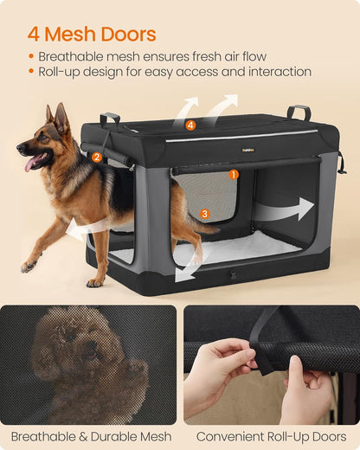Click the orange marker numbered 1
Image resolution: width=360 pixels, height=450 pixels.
point(234,174)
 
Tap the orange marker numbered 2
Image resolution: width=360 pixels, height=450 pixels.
point(97,157)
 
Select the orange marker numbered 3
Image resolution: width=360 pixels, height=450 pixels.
point(204,213)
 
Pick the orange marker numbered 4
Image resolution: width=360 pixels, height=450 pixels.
point(190,125)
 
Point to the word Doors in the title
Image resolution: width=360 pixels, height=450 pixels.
point(126,35)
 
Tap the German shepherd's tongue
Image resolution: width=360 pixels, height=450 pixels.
point(33,162)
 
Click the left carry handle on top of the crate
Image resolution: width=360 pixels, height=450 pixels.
point(109,119)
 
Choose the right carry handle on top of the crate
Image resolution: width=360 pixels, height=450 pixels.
point(299,112)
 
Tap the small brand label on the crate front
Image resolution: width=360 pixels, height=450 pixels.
point(248,148)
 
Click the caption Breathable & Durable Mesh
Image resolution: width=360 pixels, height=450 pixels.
point(90,437)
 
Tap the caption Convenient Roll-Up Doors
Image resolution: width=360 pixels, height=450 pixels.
point(271,437)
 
